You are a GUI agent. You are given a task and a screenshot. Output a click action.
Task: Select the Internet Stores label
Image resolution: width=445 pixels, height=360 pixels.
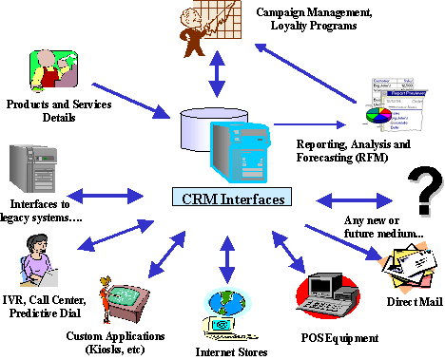224,351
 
